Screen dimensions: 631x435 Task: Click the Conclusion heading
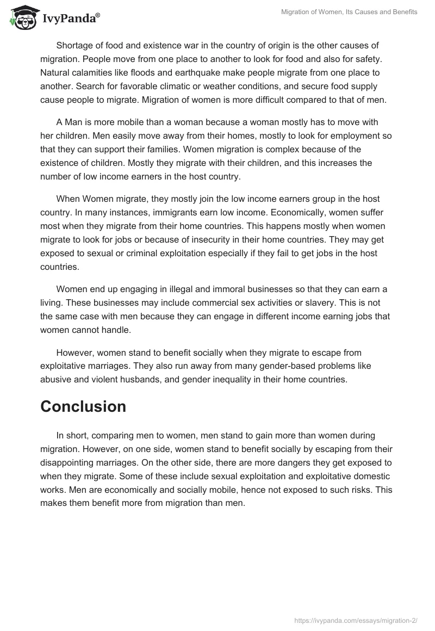tap(83, 406)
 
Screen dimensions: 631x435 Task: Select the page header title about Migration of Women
tap(349, 13)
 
